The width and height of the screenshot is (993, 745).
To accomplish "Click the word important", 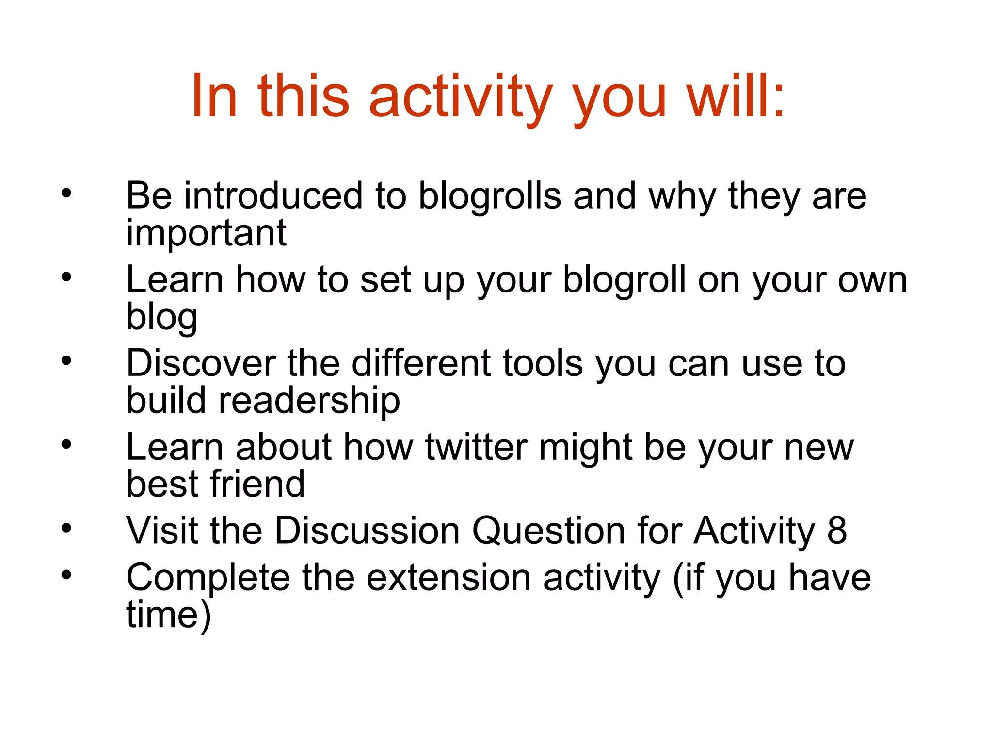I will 206,234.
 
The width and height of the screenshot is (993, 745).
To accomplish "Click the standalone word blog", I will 161,318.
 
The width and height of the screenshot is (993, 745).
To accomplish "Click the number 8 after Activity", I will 837,531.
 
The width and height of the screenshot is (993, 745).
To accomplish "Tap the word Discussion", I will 367,531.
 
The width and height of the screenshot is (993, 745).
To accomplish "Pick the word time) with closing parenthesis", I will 169,615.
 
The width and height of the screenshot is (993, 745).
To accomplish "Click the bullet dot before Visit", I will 66,528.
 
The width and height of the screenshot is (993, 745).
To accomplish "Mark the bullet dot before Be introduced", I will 66,194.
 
